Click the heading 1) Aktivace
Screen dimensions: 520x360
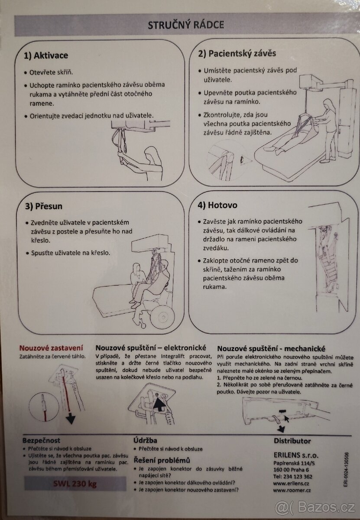(46, 55)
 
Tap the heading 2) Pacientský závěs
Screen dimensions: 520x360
(237, 54)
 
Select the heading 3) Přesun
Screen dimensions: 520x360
(43, 206)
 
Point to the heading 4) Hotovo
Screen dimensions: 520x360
(217, 205)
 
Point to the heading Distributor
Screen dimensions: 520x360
(292, 441)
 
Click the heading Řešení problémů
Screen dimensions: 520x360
(162, 460)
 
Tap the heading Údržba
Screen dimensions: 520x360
(145, 440)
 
